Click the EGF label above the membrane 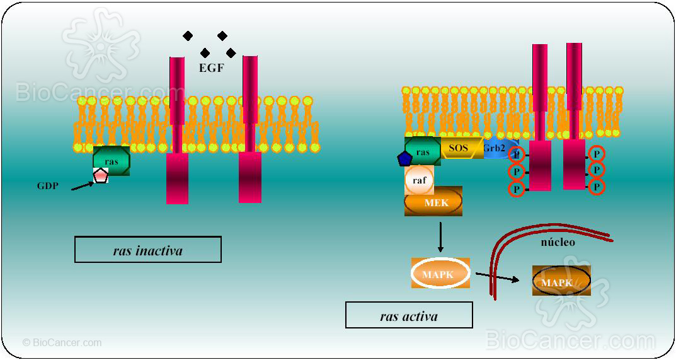tap(211, 67)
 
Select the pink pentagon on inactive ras tap(100, 176)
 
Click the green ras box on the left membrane tap(112, 161)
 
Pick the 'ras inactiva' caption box tap(148, 250)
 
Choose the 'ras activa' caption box tap(409, 315)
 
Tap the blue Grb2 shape tap(495, 149)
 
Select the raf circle tap(419, 180)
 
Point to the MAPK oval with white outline tap(440, 274)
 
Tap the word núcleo tap(558, 241)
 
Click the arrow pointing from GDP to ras tap(82, 185)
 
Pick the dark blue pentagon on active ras tap(405, 158)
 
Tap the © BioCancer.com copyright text tap(62, 343)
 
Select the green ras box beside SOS tap(423, 151)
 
